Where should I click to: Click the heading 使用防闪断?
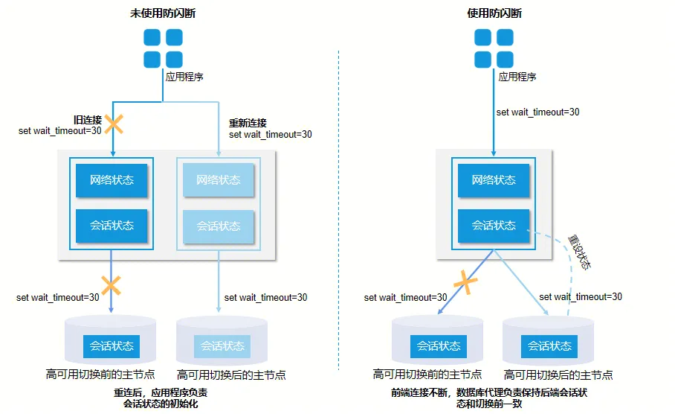[x=494, y=13]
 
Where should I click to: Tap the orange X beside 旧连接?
[x=114, y=124]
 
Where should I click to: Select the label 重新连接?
[x=248, y=123]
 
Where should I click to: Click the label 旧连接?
[x=87, y=120]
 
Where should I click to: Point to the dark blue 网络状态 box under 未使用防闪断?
[x=112, y=180]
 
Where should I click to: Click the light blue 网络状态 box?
[x=219, y=180]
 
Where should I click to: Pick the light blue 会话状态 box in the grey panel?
[x=219, y=226]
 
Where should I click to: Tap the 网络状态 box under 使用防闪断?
[x=494, y=180]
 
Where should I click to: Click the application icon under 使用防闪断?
[x=494, y=48]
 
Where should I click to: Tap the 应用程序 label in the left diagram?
[x=184, y=77]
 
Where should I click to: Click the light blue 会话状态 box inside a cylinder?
[x=222, y=346]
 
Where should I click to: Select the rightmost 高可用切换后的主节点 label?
[x=558, y=375]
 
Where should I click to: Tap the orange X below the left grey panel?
[x=112, y=284]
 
